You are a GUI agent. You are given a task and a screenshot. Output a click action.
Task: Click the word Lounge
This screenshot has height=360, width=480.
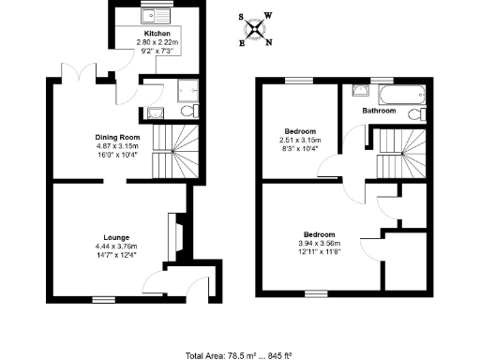tap(116, 237)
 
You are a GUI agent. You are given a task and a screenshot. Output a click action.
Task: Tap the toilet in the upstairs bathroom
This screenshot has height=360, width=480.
tap(424, 113)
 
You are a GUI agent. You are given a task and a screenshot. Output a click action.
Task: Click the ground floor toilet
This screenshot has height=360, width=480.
tap(188, 112)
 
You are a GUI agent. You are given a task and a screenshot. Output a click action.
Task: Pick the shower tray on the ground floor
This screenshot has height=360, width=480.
tap(184, 90)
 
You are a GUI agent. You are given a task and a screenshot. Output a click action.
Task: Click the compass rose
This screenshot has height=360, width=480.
tap(254, 27)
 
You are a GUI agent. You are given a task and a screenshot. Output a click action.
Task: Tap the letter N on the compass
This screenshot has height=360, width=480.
tap(269, 42)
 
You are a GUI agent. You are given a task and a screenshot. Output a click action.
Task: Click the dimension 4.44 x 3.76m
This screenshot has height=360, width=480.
tap(116, 247)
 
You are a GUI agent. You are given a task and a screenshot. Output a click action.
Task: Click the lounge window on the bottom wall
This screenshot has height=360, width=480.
tap(99, 299)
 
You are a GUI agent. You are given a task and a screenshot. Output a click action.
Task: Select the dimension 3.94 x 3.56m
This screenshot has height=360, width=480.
tap(321, 242)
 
